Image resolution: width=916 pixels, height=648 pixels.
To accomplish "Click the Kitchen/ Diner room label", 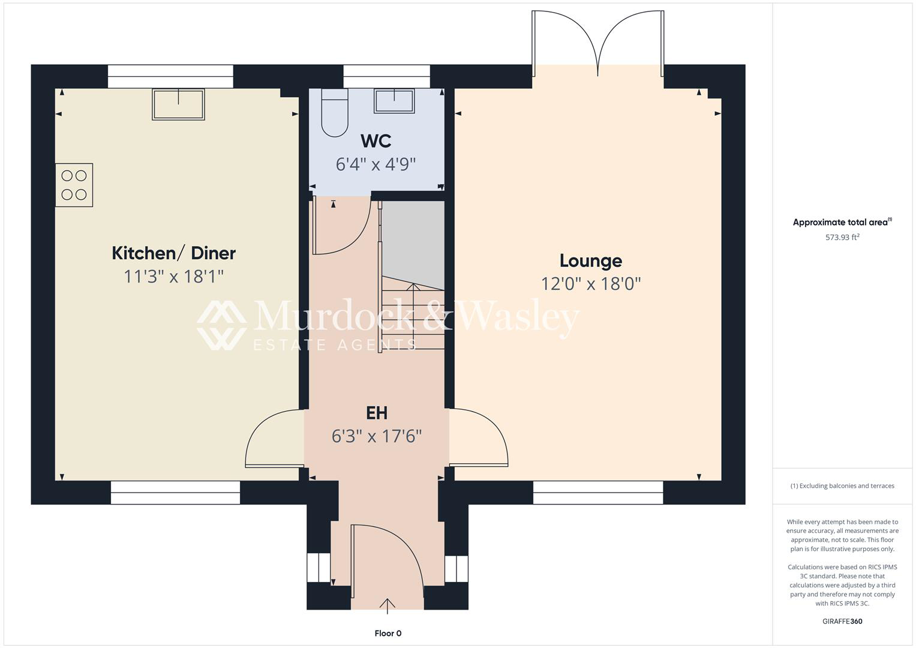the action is pos(174,254).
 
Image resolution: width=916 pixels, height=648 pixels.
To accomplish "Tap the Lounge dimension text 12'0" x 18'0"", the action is pos(591,284).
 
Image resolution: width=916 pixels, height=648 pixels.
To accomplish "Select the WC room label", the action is pos(376,141).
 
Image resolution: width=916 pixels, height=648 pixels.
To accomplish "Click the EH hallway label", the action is pos(377,413).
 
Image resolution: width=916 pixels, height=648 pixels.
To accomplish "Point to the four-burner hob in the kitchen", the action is pos(74,185).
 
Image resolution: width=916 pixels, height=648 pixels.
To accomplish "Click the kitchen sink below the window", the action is pos(178,104).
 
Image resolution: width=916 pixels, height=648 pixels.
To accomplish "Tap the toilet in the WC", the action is pos(335,113).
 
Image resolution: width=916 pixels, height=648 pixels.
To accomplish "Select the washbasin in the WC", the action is pos(394,101).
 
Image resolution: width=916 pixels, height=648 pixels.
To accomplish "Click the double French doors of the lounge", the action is pos(598,43).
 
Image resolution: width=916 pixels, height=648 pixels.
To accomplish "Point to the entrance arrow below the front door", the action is pos(388,606).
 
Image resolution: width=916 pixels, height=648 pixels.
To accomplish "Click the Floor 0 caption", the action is pos(388,633).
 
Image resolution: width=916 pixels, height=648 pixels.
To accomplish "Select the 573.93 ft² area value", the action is pos(842,237).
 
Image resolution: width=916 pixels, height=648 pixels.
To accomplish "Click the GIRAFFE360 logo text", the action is pos(842,621).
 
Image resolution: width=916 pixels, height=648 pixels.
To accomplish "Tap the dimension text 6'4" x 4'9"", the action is pos(376,164).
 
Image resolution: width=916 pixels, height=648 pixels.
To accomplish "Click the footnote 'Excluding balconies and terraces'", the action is pos(842,485).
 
